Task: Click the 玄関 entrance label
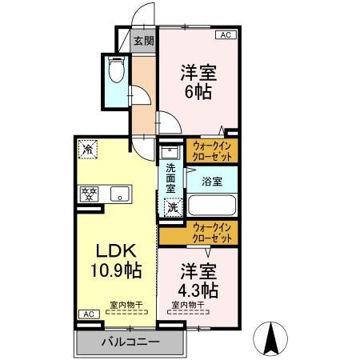[143, 41]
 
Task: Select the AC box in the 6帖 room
[226, 35]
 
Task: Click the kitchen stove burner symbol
[87, 193]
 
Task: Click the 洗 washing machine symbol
[172, 207]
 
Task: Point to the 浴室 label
[212, 181]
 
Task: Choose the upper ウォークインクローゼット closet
[213, 151]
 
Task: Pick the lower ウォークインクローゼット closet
[213, 233]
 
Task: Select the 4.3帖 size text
[198, 287]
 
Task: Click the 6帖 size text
[198, 91]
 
